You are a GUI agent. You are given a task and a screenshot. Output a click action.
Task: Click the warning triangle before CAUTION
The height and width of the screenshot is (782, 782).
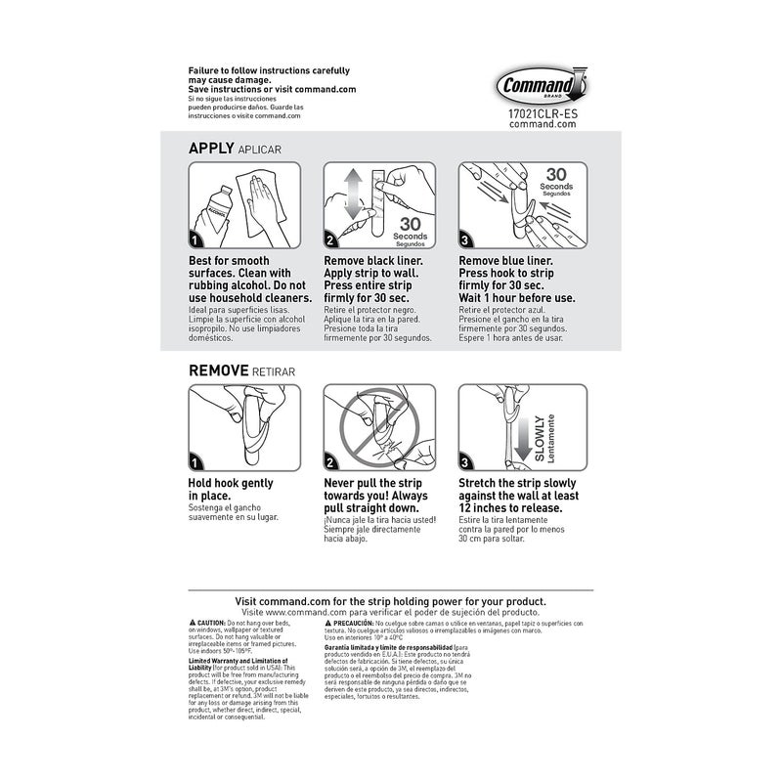pos(192,623)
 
